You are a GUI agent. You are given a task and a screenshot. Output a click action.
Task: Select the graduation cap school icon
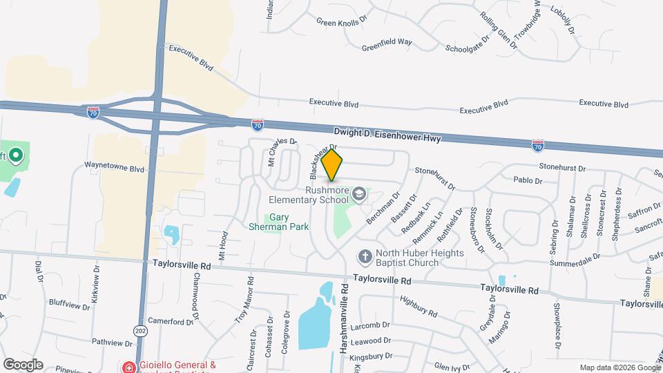[358, 194]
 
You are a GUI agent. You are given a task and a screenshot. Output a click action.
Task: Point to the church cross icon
[365, 258]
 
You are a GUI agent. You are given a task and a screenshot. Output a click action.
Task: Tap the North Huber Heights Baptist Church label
[407, 258]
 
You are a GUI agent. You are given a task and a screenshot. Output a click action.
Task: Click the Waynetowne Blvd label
[114, 167]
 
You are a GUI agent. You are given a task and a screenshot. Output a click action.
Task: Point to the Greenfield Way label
[387, 43]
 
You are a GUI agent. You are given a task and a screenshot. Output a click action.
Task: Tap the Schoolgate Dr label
[467, 50]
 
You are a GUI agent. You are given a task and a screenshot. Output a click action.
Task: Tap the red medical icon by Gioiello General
[128, 365]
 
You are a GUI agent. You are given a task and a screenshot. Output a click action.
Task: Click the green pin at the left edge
[16, 157]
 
